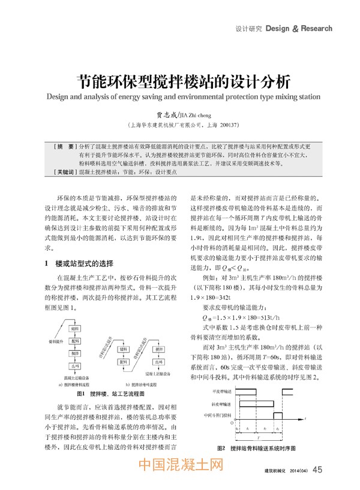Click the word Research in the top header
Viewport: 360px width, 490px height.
pos(316,28)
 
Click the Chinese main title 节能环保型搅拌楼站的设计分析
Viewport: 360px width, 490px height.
pos(179,80)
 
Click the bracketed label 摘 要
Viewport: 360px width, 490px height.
pos(64,146)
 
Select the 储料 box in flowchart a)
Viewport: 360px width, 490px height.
pos(75,329)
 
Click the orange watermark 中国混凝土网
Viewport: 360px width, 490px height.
pos(180,465)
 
